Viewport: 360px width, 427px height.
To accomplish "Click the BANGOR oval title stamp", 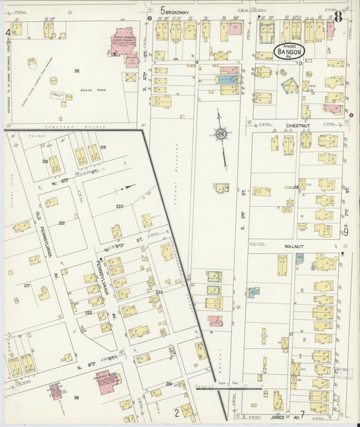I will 289,51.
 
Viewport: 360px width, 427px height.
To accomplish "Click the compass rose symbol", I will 221,134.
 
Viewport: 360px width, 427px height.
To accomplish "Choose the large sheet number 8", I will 337,17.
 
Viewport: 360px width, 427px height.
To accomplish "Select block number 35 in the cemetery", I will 77,71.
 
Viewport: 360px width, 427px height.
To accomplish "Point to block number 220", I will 120,206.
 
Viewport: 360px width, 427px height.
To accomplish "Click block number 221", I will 61,222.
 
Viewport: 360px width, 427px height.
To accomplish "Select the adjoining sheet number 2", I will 176,411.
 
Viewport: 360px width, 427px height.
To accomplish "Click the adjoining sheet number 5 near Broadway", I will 163,10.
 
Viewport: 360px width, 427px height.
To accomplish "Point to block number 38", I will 76,398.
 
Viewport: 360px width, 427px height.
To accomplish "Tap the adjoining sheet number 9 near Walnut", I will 345,232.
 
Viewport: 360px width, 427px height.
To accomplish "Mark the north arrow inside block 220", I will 126,186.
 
